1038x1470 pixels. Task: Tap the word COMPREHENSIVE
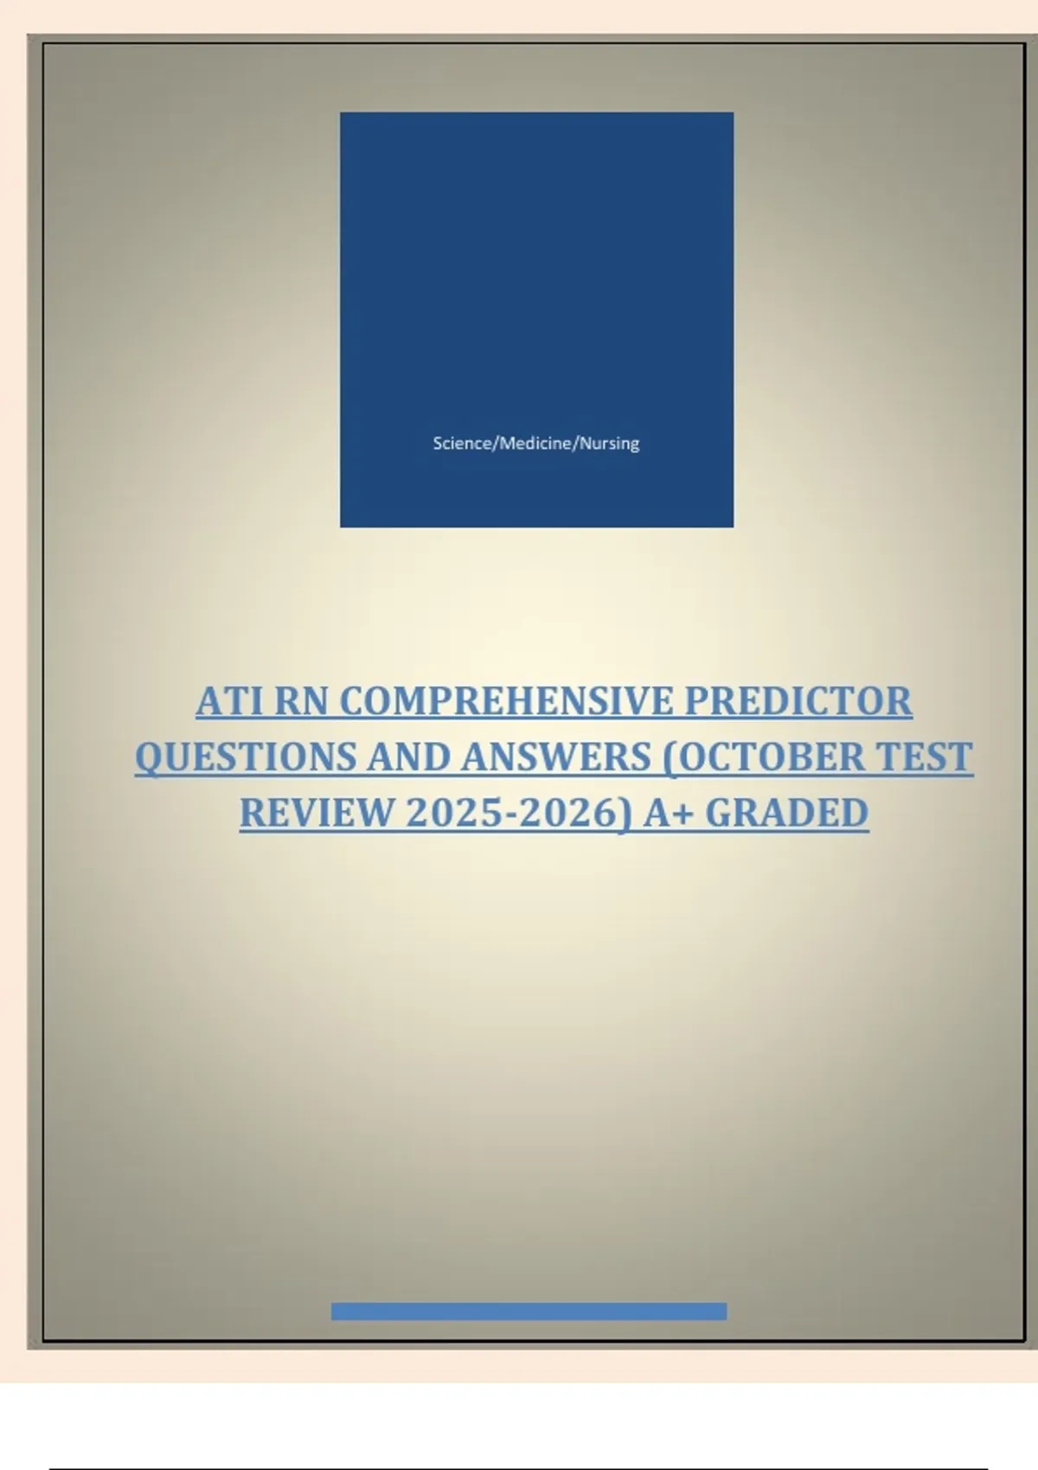[507, 701]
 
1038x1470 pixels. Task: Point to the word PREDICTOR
[798, 701]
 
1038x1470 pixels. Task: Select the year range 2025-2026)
[519, 814]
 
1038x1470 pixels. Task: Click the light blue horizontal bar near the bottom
[529, 1311]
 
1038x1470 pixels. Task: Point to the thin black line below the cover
[519, 1468]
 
